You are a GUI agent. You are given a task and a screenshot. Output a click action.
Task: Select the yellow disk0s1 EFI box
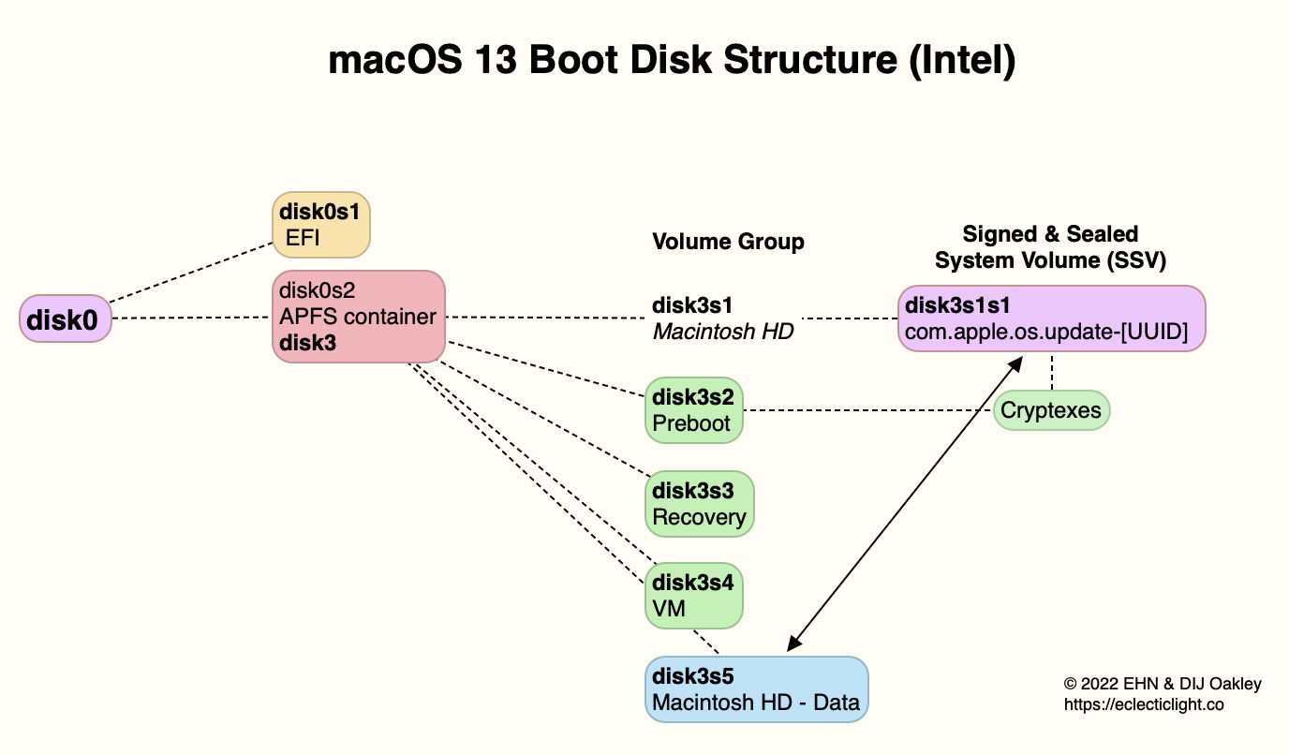[321, 225]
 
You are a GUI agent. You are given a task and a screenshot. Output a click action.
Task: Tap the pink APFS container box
[358, 317]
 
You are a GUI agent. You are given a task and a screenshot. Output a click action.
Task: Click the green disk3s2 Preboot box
[693, 410]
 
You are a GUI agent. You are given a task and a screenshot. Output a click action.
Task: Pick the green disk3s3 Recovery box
[700, 504]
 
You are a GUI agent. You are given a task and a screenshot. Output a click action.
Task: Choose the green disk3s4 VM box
[693, 596]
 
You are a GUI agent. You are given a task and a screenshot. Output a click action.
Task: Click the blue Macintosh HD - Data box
[757, 688]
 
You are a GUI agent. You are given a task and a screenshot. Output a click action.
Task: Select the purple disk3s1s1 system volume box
[1051, 318]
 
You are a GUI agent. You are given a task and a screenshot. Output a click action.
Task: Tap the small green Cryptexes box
[1051, 410]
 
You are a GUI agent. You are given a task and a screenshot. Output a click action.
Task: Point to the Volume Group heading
[728, 242]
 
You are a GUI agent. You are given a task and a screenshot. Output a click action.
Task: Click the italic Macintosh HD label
[723, 331]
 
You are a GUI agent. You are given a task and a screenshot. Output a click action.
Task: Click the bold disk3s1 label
[692, 305]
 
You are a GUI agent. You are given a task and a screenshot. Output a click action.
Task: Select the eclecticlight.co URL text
[1144, 704]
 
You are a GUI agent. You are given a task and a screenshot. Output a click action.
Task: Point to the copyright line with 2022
[1163, 684]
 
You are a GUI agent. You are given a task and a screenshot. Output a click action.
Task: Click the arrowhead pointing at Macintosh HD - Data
[793, 644]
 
